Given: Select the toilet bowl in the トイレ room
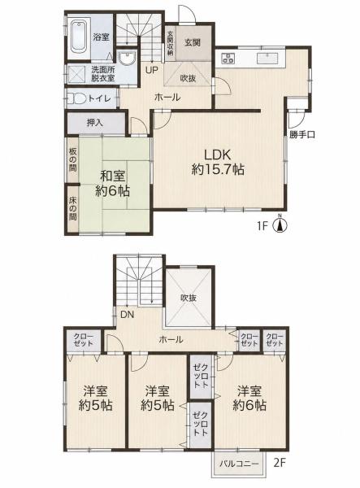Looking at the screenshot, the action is [x=76, y=99].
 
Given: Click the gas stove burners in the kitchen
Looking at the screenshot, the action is [x=228, y=58].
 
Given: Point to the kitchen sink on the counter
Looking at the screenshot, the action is [x=267, y=58].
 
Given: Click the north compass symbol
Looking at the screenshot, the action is [x=280, y=224].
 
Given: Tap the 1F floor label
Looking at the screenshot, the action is [x=262, y=225].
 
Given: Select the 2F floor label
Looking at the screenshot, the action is [x=279, y=463].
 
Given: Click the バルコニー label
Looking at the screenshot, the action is [x=239, y=464].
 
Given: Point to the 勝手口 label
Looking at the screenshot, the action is [x=301, y=135].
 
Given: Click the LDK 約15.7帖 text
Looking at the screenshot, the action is [x=218, y=162].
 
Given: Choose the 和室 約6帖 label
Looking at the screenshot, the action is [x=112, y=183].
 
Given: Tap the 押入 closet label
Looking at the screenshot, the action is [x=94, y=123].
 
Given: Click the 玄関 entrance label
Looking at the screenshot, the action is [x=193, y=42].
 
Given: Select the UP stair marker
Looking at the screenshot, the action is [x=152, y=70].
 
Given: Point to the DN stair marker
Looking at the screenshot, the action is [x=127, y=315].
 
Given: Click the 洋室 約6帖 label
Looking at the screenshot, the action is [x=249, y=398].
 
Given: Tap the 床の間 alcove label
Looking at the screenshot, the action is [x=73, y=208].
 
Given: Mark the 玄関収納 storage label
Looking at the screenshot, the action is [x=171, y=43].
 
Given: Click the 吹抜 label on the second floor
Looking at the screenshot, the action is [x=189, y=298].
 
